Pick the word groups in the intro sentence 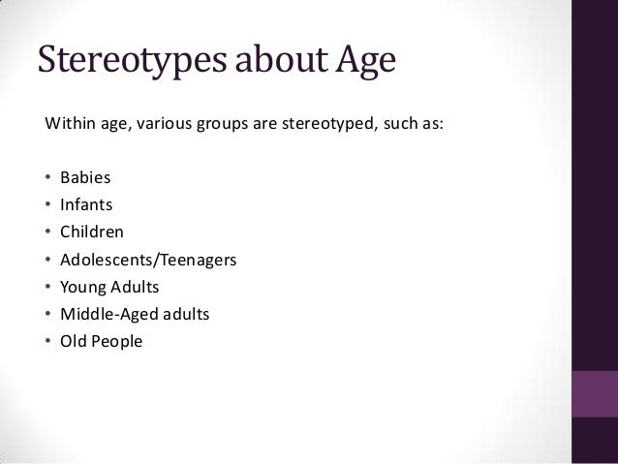(x=219, y=125)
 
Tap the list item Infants (x=87, y=205)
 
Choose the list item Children (x=91, y=232)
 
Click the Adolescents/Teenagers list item (x=146, y=260)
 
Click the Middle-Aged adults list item (x=134, y=314)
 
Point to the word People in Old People (x=118, y=341)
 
